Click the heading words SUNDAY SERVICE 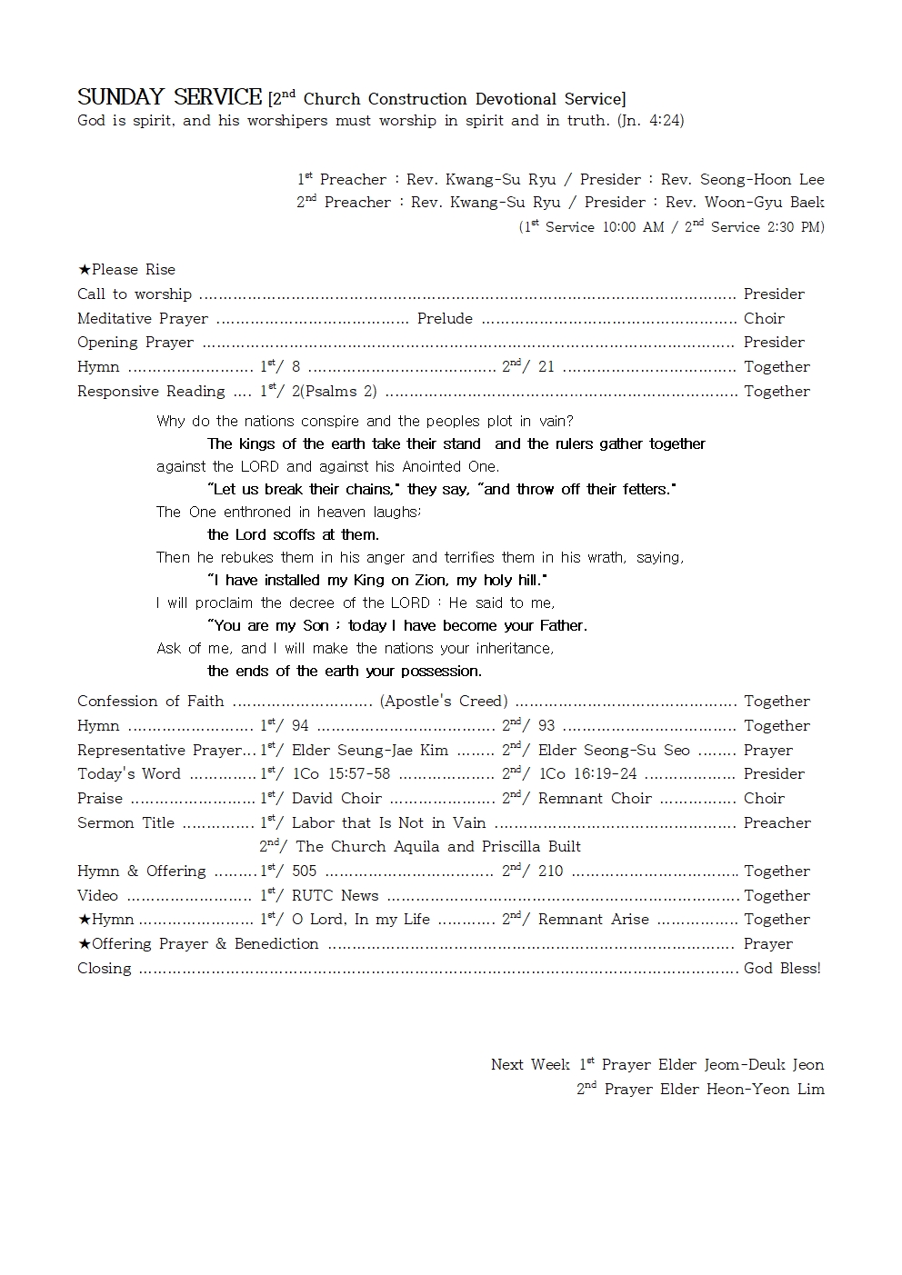tap(169, 97)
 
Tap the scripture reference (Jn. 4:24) tap(650, 121)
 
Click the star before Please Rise tap(84, 270)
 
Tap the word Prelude tap(445, 319)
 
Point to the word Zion tap(429, 581)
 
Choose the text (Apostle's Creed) tap(444, 702)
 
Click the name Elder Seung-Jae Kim tap(369, 751)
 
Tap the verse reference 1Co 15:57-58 tap(340, 774)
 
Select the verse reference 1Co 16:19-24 tap(587, 774)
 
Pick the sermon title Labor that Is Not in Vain tap(388, 823)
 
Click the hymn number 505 tap(304, 872)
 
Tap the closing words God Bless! tap(782, 969)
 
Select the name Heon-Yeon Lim tap(766, 1090)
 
